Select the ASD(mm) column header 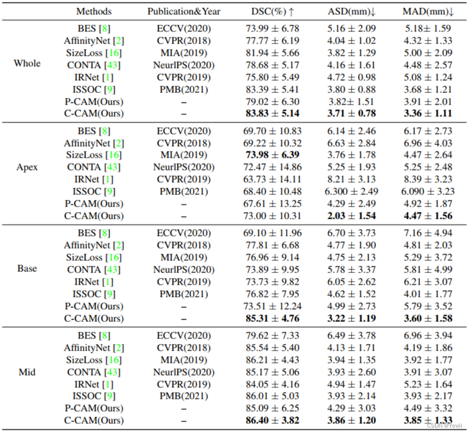coord(350,11)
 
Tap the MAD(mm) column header coord(428,11)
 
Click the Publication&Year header coord(184,11)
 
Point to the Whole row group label coord(27,63)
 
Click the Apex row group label coord(27,167)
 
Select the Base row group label coord(27,269)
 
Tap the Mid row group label coord(27,372)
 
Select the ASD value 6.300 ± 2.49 coord(351,192)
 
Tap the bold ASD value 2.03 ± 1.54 coord(351,216)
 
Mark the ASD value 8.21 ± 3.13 coord(351,179)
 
